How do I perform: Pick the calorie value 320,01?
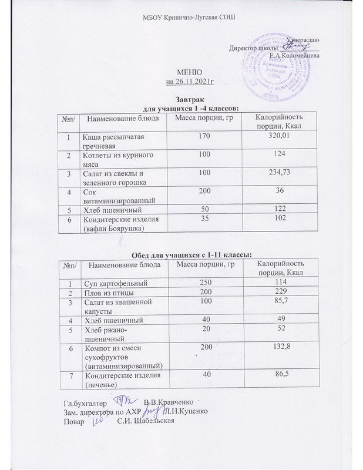point(278,136)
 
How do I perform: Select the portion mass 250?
point(204,284)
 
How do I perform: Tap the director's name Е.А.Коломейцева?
point(294,56)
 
